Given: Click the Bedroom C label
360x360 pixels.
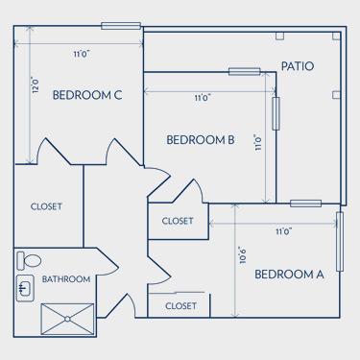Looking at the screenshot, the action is [87, 95].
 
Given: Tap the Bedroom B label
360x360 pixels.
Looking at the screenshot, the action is [201, 140].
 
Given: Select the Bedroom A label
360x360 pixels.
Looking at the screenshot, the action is [289, 275].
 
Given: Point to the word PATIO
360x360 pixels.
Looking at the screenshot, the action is [298, 66].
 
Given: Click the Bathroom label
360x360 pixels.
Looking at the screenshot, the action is [66, 279].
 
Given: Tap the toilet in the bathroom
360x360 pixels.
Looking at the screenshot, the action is [29, 260].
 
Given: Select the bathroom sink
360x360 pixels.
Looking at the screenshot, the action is [25, 288].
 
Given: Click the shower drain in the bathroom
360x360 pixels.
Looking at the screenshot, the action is [67, 319].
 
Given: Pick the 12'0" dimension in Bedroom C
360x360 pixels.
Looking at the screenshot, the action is [36, 84].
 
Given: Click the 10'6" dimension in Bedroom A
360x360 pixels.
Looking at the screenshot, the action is [243, 255].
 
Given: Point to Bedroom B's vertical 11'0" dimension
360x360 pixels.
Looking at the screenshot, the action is [258, 142].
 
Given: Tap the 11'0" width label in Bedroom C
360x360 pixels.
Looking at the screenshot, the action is [82, 54].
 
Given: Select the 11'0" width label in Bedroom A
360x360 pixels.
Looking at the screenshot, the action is [284, 231].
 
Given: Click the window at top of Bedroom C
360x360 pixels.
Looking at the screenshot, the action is [121, 26].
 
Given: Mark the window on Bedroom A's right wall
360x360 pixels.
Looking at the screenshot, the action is [340, 241].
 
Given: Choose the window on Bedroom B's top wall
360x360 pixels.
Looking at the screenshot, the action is [245, 72].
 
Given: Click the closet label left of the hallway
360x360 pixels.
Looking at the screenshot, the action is [46, 206].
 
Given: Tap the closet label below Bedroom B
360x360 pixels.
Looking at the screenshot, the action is [178, 221].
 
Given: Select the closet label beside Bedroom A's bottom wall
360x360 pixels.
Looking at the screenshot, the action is [180, 306].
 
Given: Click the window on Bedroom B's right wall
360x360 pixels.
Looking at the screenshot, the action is [276, 113].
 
